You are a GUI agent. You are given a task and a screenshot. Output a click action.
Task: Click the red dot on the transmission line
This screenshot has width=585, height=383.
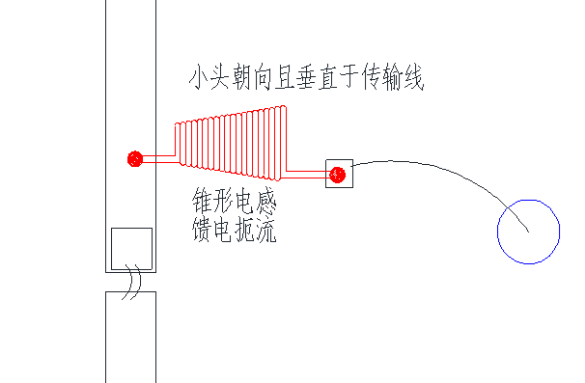pyautogui.click(x=135, y=158)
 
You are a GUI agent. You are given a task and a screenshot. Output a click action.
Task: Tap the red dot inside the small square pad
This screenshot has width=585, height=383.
pyautogui.click(x=337, y=175)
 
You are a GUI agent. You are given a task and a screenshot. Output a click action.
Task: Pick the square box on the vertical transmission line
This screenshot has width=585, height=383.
pyautogui.click(x=131, y=248)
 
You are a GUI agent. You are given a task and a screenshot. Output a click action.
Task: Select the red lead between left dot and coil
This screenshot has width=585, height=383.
pyautogui.click(x=157, y=158)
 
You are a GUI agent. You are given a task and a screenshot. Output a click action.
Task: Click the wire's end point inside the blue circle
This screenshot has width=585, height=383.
pyautogui.click(x=528, y=232)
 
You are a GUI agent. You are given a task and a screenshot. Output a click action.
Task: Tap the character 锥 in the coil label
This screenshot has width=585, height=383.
pyautogui.click(x=204, y=203)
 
